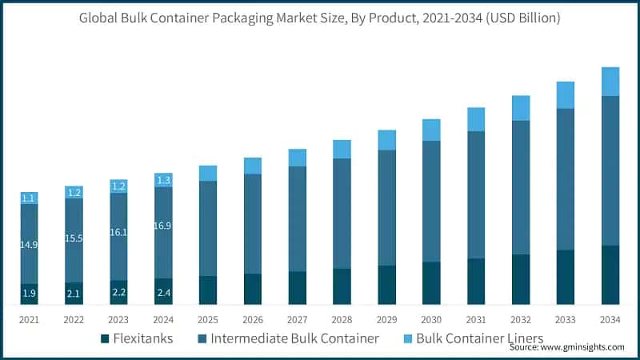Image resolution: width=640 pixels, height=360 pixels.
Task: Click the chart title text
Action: pyautogui.click(x=320, y=18)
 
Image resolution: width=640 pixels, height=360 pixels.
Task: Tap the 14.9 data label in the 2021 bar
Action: pyautogui.click(x=29, y=244)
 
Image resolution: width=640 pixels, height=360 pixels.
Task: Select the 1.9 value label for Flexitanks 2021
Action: pyautogui.click(x=29, y=294)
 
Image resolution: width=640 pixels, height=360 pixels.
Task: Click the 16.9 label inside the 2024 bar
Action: pyautogui.click(x=163, y=226)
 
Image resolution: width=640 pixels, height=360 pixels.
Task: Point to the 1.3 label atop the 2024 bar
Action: pyautogui.click(x=163, y=180)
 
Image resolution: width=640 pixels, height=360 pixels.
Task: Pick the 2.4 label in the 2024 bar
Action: pyautogui.click(x=163, y=293)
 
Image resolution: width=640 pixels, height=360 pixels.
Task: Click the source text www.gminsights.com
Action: pyautogui.click(x=566, y=348)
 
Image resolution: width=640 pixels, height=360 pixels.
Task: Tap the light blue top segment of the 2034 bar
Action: pyautogui.click(x=610, y=81)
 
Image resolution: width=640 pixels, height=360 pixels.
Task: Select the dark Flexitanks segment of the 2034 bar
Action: pyautogui.click(x=610, y=274)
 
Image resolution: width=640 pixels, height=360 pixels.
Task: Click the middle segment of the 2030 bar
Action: pyautogui.click(x=431, y=201)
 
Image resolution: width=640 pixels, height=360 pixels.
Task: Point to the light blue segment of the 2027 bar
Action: pyautogui.click(x=298, y=158)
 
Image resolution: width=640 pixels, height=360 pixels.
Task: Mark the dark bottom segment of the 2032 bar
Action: pyautogui.click(x=521, y=279)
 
